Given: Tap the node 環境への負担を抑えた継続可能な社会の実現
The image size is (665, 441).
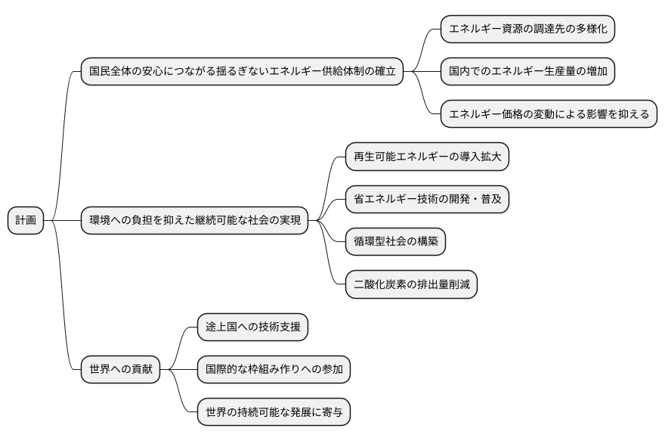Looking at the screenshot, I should click(194, 220).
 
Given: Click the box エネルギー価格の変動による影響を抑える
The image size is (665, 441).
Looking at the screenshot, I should click(549, 114).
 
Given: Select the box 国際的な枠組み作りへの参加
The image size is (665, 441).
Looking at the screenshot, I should click(274, 370).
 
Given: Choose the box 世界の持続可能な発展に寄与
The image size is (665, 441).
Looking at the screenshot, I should click(274, 412).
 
